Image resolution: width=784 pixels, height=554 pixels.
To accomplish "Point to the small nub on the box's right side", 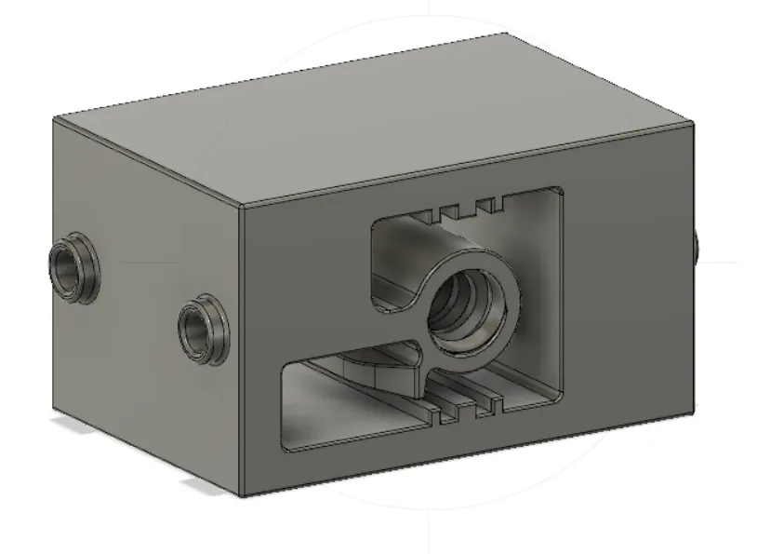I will click(x=696, y=245).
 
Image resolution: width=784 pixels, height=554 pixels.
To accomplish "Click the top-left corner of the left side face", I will click(x=54, y=118).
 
